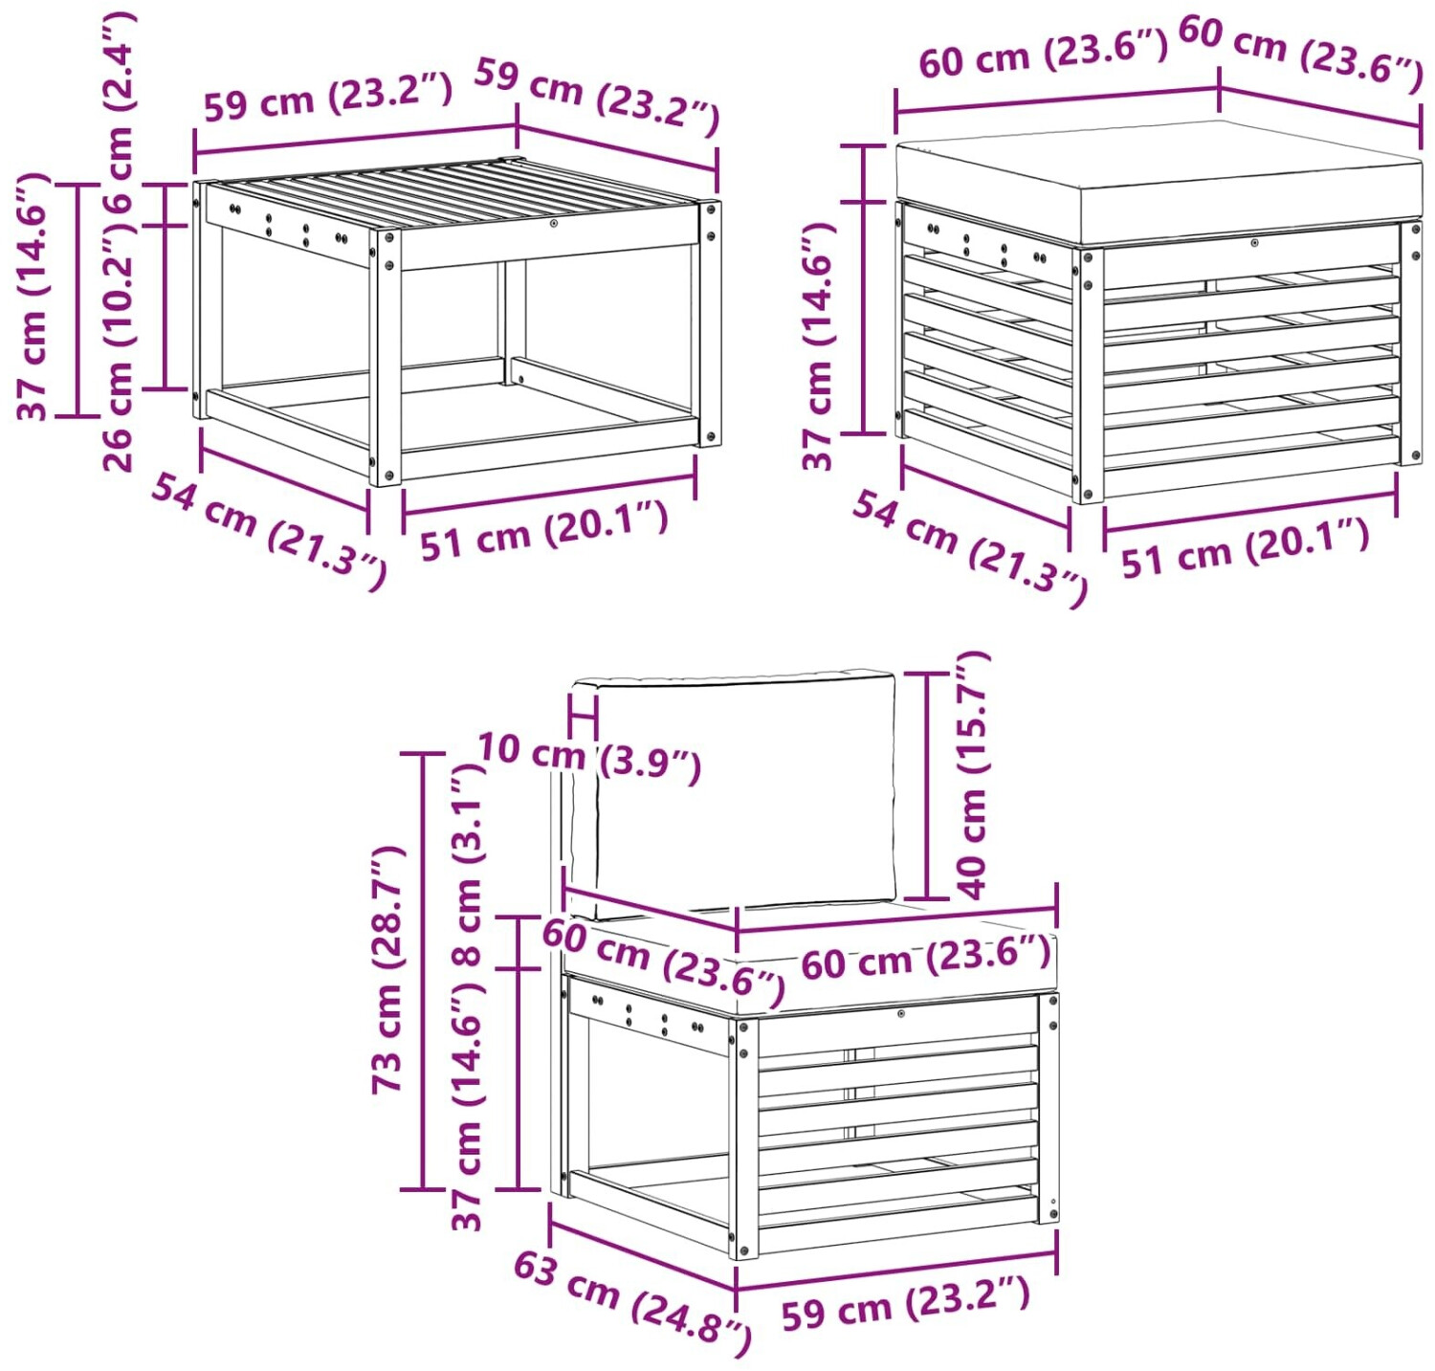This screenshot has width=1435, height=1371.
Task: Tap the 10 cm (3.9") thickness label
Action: (589, 757)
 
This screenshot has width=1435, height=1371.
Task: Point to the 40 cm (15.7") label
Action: (974, 775)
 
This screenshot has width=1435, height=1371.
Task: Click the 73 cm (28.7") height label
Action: (388, 969)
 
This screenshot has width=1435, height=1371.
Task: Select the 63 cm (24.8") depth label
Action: (632, 1302)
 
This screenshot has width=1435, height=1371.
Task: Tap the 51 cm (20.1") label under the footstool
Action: (1245, 547)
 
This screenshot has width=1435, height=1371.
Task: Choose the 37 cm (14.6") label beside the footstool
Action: (819, 345)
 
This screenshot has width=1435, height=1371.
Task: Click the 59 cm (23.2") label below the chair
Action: (905, 1303)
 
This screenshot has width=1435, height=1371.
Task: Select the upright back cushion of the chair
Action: (733, 793)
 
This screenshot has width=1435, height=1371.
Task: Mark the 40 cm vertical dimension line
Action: (927, 785)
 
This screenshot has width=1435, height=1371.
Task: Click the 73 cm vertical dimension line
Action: (423, 971)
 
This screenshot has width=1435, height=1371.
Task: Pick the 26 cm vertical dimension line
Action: (166, 307)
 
